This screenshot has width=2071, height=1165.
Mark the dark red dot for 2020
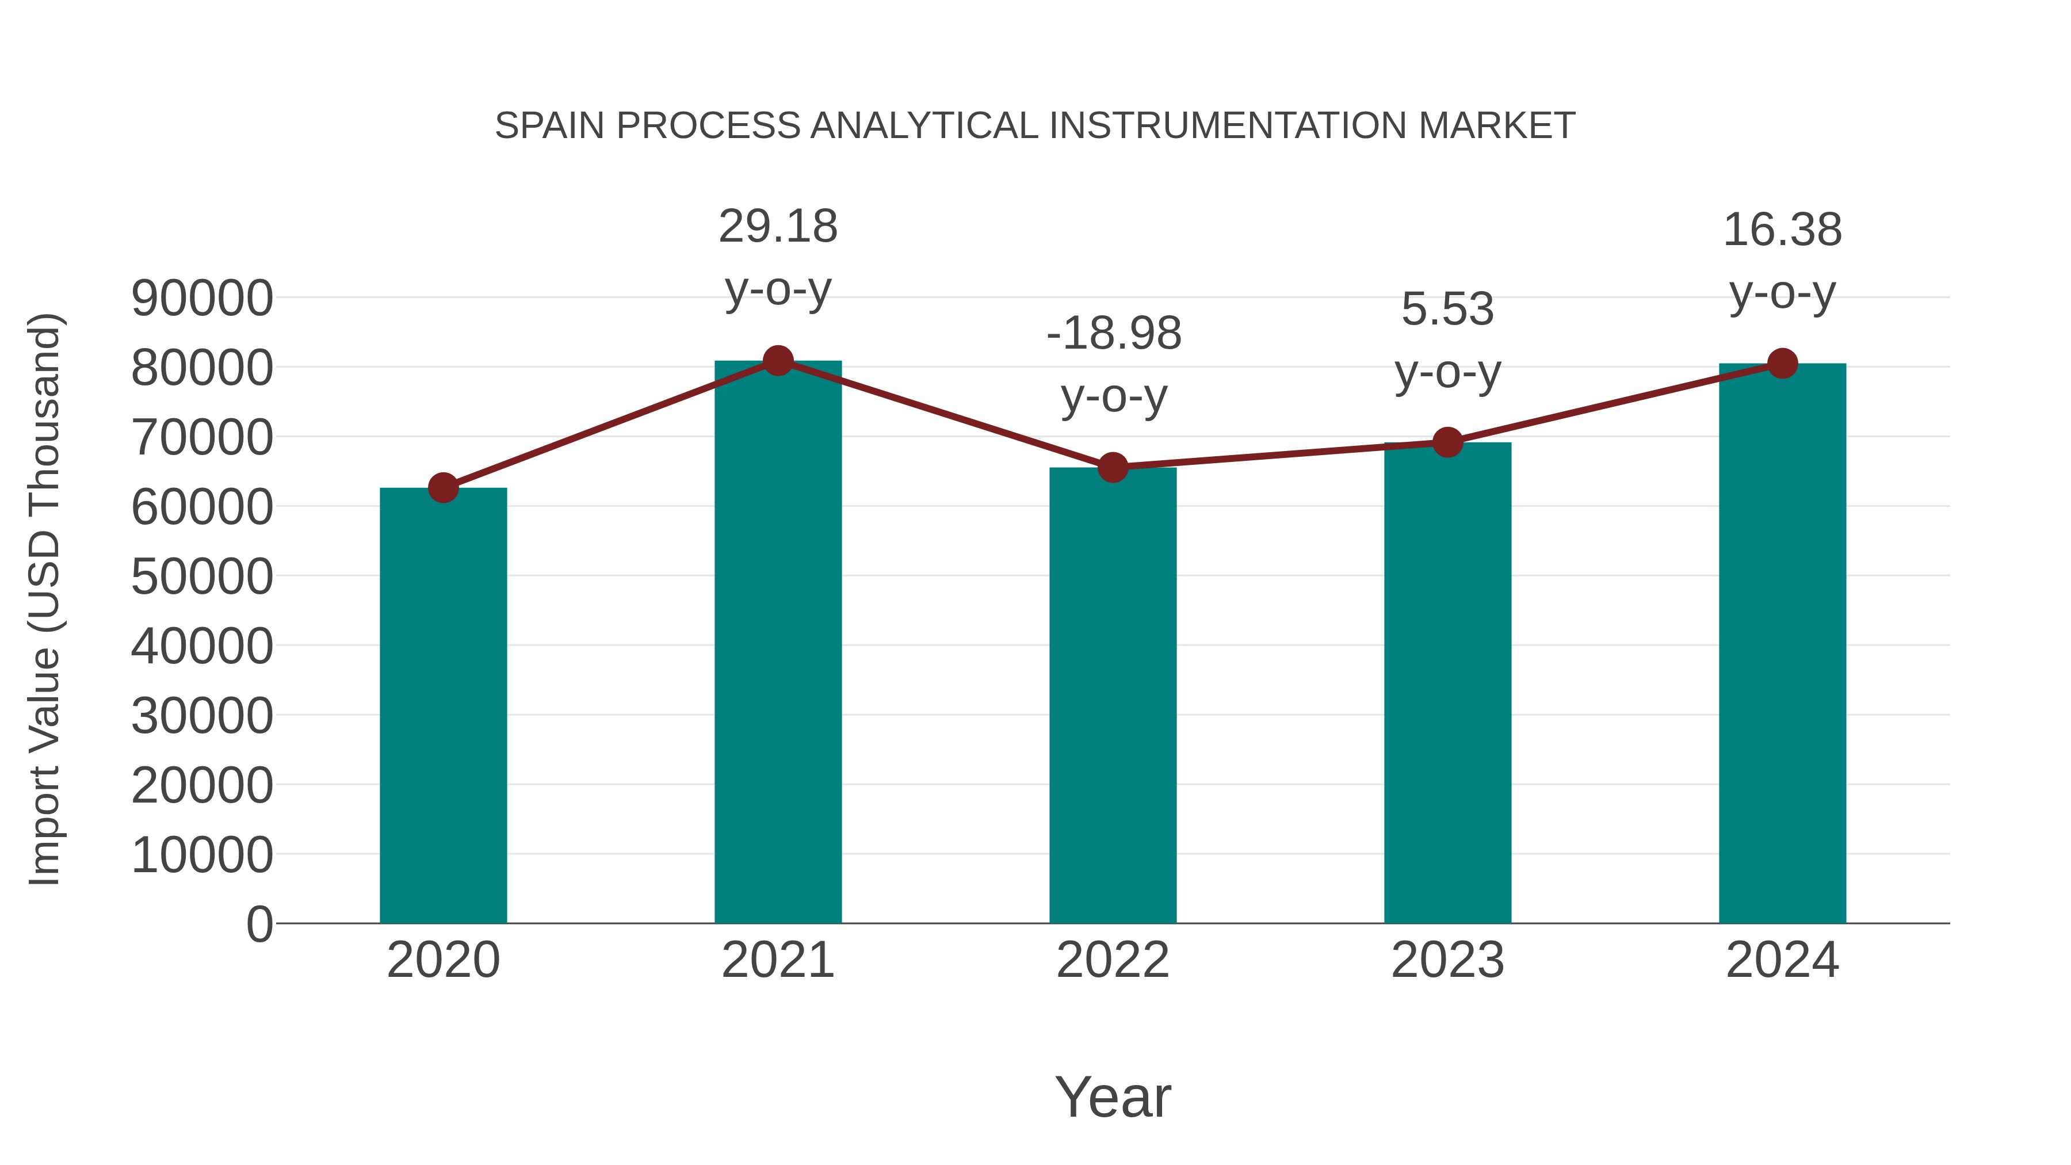click(443, 487)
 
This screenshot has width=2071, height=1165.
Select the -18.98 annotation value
click(1114, 334)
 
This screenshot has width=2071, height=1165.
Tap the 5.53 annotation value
click(1447, 310)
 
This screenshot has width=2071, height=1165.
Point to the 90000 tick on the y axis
click(202, 299)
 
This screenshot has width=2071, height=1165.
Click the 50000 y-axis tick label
click(202, 577)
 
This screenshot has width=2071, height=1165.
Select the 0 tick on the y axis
click(259, 925)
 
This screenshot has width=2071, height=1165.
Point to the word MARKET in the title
click(1496, 126)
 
